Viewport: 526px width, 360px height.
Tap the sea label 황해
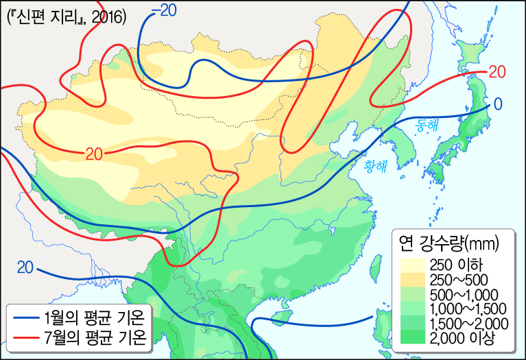(x=375, y=165)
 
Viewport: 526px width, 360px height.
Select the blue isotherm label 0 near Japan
(x=497, y=104)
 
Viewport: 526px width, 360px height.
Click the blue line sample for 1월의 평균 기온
(x=23, y=317)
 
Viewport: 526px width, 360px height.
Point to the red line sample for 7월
(x=23, y=337)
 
